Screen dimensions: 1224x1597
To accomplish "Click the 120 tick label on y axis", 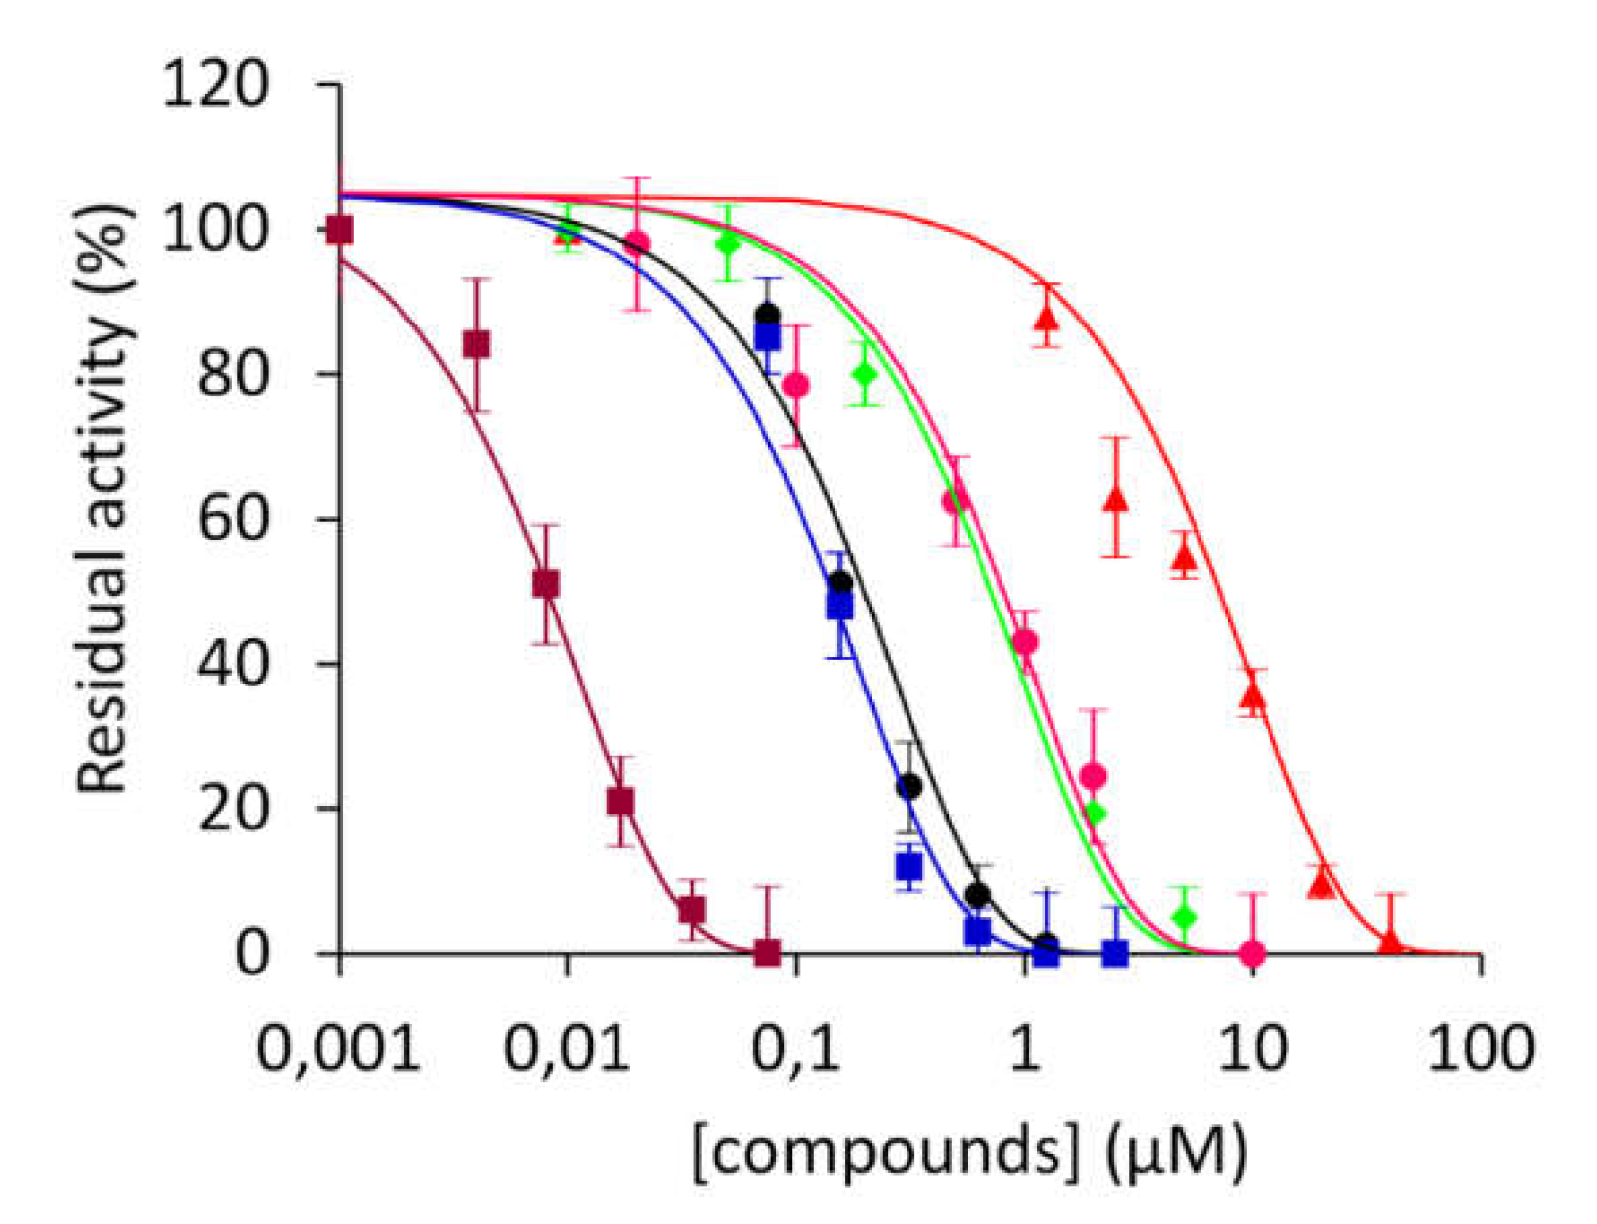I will (214, 85).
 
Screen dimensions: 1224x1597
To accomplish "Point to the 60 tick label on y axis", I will (233, 519).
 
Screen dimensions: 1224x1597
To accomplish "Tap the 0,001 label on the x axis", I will (338, 1047).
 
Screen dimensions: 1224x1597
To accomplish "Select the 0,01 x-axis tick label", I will (567, 1047).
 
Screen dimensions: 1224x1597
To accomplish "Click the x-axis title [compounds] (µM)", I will (970, 1151).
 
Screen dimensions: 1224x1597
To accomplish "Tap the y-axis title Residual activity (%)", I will (105, 499).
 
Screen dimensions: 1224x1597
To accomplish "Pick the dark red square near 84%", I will (476, 344).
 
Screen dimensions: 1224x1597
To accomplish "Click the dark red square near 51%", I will (545, 584).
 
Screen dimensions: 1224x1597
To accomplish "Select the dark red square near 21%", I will (619, 801).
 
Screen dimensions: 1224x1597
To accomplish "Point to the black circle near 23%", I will (909, 786).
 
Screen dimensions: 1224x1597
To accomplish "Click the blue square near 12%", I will (908, 867).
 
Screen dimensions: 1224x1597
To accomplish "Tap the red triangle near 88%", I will (1047, 317).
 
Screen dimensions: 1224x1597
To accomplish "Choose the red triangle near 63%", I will (1116, 499).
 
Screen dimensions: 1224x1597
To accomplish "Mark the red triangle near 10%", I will (1322, 884).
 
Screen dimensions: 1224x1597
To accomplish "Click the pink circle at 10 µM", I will (1252, 953).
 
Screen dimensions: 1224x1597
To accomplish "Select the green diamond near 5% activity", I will (1184, 917).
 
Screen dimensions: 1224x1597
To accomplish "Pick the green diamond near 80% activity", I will (865, 374).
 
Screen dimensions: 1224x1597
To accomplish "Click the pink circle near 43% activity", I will (1025, 642).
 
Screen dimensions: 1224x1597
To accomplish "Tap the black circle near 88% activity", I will (767, 317).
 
